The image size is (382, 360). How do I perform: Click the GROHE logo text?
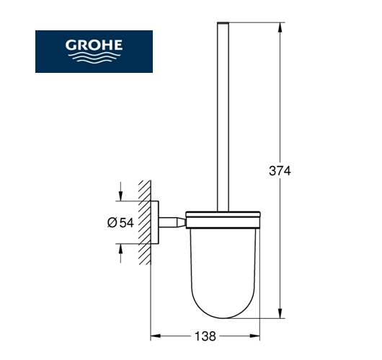tap(94, 45)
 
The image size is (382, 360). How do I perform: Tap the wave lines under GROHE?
tap(94, 58)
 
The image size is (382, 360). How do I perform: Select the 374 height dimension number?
tap(280, 171)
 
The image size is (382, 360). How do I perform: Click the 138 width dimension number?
tap(205, 336)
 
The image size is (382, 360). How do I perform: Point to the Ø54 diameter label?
tap(120, 223)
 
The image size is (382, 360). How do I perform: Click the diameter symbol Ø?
tap(112, 223)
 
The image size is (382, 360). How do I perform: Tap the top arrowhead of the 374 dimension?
tap(280, 27)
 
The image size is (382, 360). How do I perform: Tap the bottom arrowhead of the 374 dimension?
tap(280, 313)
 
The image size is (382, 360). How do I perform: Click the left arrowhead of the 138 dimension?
tap(156, 336)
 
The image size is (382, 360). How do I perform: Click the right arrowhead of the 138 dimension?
tap(255, 336)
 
